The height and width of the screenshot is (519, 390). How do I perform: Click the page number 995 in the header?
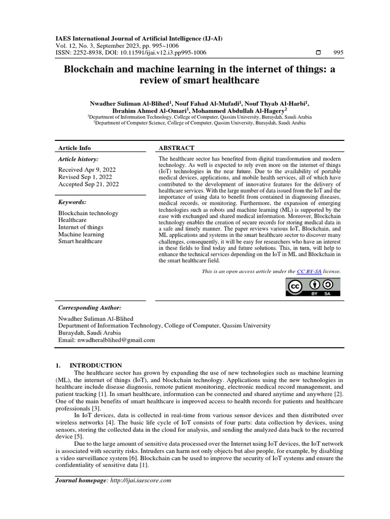tap(338, 53)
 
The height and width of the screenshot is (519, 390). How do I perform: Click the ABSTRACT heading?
tap(177, 148)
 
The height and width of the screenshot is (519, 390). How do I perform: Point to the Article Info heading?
tap(75, 148)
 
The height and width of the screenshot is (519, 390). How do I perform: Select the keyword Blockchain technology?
tap(88, 213)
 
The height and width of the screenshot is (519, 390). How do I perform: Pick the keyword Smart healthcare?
tap(80, 241)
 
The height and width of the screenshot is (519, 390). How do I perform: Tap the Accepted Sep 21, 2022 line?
tap(88, 184)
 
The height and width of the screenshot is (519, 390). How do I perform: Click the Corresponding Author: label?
tap(90, 307)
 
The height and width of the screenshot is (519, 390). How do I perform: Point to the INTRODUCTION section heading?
tap(95, 365)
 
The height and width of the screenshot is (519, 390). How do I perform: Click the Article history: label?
tap(79, 159)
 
